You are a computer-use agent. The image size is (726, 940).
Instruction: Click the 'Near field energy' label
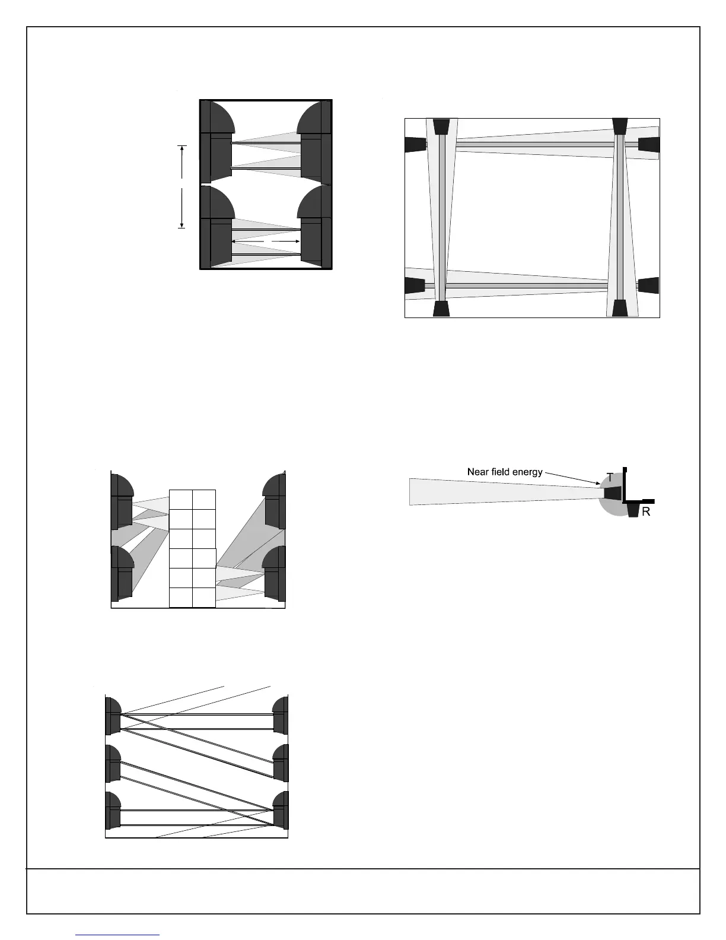tap(505, 472)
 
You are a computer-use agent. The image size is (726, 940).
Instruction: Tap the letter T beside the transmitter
tap(610, 477)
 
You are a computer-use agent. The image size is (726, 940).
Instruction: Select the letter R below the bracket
tap(646, 512)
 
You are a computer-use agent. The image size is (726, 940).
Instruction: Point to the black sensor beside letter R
tap(633, 510)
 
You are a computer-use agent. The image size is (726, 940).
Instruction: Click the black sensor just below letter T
tap(613, 493)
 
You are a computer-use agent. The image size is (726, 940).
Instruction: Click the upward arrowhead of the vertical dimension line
tap(182, 148)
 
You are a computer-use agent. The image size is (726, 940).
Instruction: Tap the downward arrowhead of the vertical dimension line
tap(182, 226)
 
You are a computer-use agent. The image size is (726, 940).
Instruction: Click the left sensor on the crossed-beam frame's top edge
tap(441, 126)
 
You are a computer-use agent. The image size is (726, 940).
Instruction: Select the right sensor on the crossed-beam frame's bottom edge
tap(620, 309)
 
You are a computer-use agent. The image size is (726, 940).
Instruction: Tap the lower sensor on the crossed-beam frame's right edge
tap(649, 285)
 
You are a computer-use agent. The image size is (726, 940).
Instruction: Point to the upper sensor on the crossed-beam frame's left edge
tap(415, 144)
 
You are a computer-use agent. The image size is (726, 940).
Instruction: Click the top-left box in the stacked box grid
tap(181, 500)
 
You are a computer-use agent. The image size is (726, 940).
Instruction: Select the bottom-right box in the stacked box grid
tap(203, 598)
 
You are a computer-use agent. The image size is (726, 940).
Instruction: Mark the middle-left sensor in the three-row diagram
tap(113, 763)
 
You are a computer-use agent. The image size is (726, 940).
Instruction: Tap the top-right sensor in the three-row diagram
tap(281, 715)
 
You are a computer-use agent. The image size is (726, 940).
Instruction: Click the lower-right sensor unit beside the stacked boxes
tap(274, 573)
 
